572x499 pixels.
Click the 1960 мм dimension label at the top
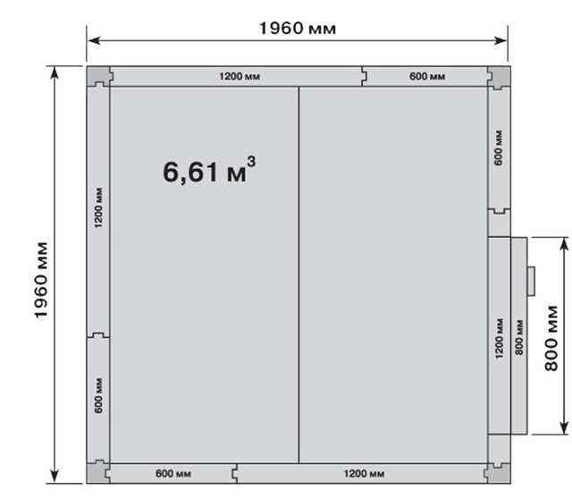[298, 28]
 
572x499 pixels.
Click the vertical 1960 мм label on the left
[41, 280]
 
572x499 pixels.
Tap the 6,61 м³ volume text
[209, 171]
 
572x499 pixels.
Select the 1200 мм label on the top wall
[240, 76]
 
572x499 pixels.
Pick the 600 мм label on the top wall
[427, 76]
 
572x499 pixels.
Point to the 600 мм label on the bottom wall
[173, 473]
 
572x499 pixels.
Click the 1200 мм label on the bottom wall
[364, 473]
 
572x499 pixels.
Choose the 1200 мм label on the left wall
[98, 207]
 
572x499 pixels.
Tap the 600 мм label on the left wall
[98, 395]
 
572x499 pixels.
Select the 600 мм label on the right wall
[499, 148]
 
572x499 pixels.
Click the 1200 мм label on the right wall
[499, 338]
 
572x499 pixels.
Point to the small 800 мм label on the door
[519, 337]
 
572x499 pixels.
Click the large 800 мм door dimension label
[551, 338]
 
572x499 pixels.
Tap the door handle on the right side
[531, 281]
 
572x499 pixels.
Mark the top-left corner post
[98, 76]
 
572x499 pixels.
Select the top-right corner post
[499, 77]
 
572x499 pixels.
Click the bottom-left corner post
[97, 472]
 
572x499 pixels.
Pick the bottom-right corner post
[498, 473]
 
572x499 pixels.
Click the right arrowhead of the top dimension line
[500, 40]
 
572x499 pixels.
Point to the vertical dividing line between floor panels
[299, 275]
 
